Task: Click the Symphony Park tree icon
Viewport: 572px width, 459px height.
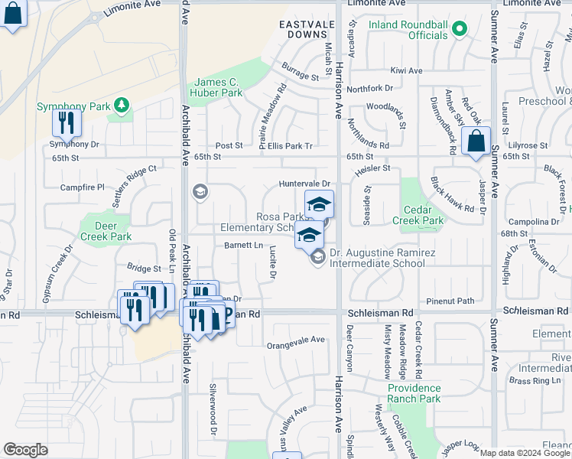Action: coord(120,104)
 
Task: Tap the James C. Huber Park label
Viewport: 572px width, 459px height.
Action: coord(218,87)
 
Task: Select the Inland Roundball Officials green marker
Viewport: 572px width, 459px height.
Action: coord(459,30)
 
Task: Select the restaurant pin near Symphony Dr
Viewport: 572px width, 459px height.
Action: coord(67,122)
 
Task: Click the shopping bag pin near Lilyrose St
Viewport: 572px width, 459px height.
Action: coord(476,142)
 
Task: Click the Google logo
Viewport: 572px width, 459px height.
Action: coord(25,450)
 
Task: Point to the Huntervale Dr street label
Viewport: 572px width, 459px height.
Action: coord(304,184)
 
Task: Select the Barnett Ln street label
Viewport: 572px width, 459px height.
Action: coord(243,245)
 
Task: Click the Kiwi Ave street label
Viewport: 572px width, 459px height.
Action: coord(406,70)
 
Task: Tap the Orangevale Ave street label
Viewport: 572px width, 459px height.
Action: coord(296,339)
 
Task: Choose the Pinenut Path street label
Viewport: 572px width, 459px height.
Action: coord(450,301)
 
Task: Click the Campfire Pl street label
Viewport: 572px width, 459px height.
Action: coord(83,187)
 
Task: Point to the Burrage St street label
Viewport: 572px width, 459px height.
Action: coord(300,76)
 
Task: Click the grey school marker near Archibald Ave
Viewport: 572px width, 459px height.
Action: coord(200,191)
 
